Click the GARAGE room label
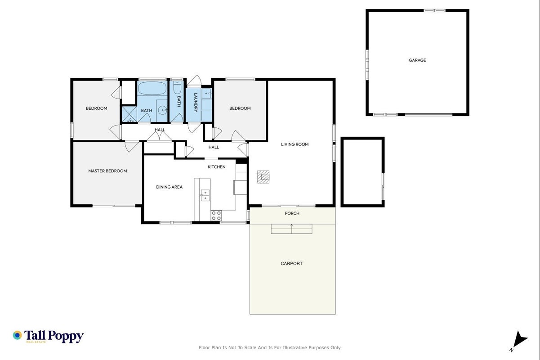click(x=417, y=60)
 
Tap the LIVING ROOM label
click(x=295, y=144)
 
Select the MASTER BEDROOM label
click(x=107, y=171)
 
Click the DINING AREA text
click(x=169, y=187)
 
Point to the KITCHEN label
click(x=216, y=167)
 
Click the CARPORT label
click(x=291, y=264)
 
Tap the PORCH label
click(x=292, y=213)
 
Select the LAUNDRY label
click(x=196, y=102)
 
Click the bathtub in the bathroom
click(x=152, y=88)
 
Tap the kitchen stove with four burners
click(x=216, y=216)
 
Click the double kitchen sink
click(x=205, y=195)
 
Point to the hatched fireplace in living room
click(x=263, y=177)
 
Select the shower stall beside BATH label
click(x=129, y=114)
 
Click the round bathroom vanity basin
click(x=163, y=111)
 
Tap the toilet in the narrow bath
click(x=178, y=87)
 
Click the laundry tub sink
click(x=206, y=93)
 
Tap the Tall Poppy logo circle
click(x=17, y=335)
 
